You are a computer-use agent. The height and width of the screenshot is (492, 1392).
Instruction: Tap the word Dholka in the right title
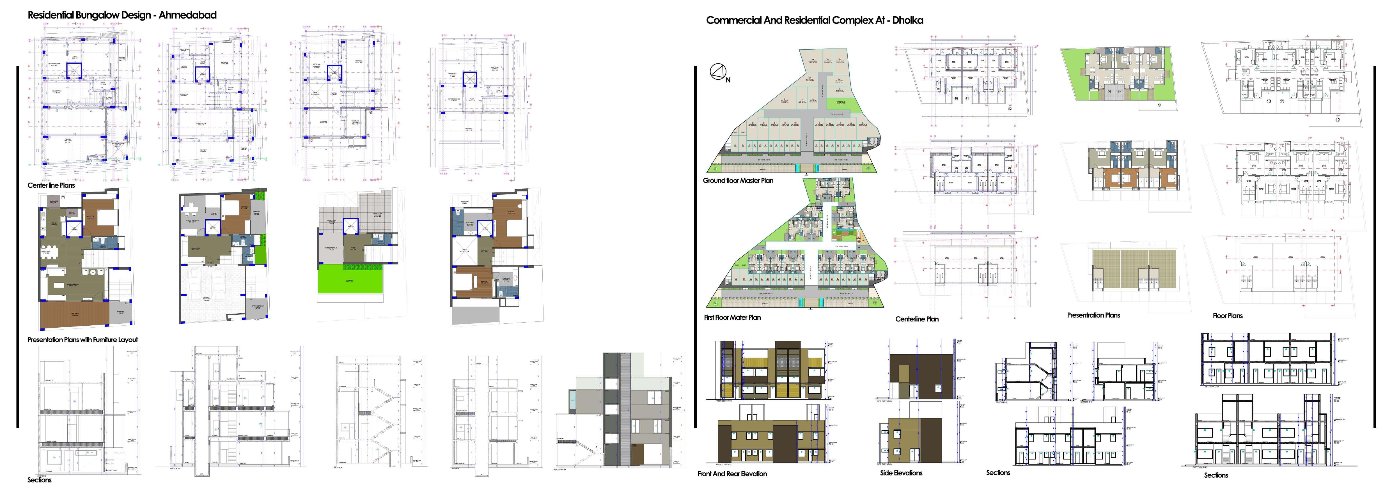coord(907,20)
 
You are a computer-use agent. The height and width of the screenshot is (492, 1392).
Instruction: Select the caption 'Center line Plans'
coord(51,185)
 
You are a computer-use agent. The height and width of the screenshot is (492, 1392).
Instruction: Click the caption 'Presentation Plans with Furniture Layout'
coord(83,340)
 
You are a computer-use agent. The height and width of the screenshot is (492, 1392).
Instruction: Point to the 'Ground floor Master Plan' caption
coord(738,180)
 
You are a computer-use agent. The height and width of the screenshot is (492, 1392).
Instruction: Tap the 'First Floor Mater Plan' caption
coord(732,318)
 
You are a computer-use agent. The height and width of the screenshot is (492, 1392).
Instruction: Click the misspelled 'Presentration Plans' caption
coord(1093,315)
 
